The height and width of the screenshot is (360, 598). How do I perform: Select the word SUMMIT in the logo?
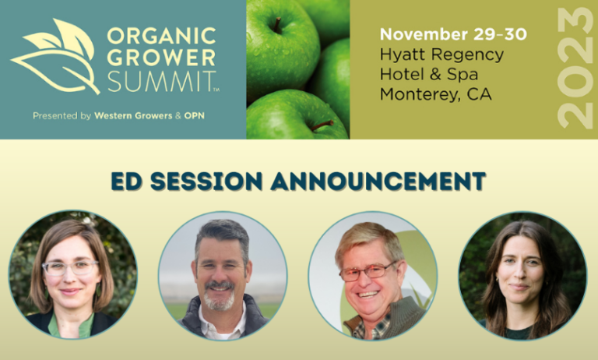(159, 80)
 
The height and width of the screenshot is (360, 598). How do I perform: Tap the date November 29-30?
(452, 34)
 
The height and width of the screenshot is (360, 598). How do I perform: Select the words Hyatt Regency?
(441, 55)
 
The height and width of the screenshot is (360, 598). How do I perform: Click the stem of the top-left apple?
(276, 26)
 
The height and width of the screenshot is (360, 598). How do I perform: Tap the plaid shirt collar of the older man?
(361, 326)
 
